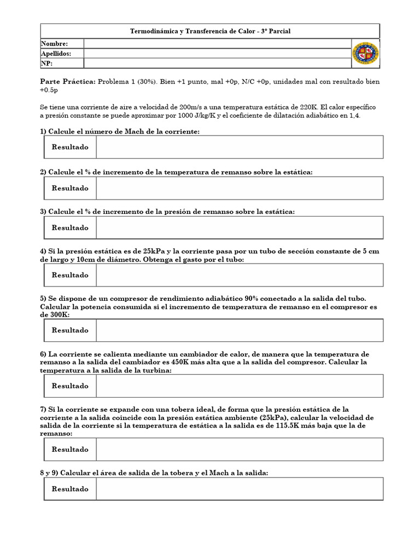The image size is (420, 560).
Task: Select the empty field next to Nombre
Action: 217,44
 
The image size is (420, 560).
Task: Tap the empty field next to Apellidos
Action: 217,53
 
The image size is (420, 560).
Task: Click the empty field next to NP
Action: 217,63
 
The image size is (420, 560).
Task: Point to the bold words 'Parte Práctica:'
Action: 68,81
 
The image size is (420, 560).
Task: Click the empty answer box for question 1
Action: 239,147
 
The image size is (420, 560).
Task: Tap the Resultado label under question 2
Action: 70,188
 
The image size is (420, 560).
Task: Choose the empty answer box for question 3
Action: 239,227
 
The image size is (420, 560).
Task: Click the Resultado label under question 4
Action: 70,275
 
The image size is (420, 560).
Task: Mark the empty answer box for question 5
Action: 239,330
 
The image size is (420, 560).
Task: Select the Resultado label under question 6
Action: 70,386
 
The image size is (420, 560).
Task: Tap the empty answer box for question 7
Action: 239,450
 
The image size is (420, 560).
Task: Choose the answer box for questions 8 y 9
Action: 239,489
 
